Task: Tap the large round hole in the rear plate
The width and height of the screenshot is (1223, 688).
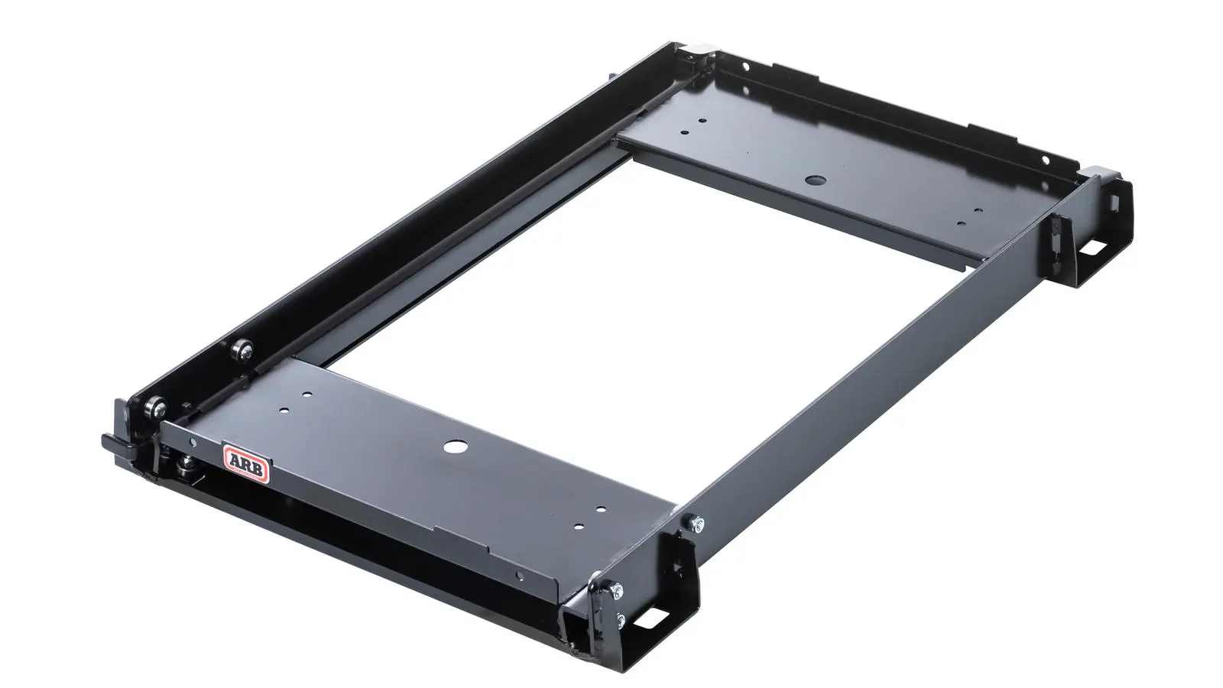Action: tap(815, 180)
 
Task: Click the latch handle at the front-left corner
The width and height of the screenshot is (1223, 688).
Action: tap(118, 443)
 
